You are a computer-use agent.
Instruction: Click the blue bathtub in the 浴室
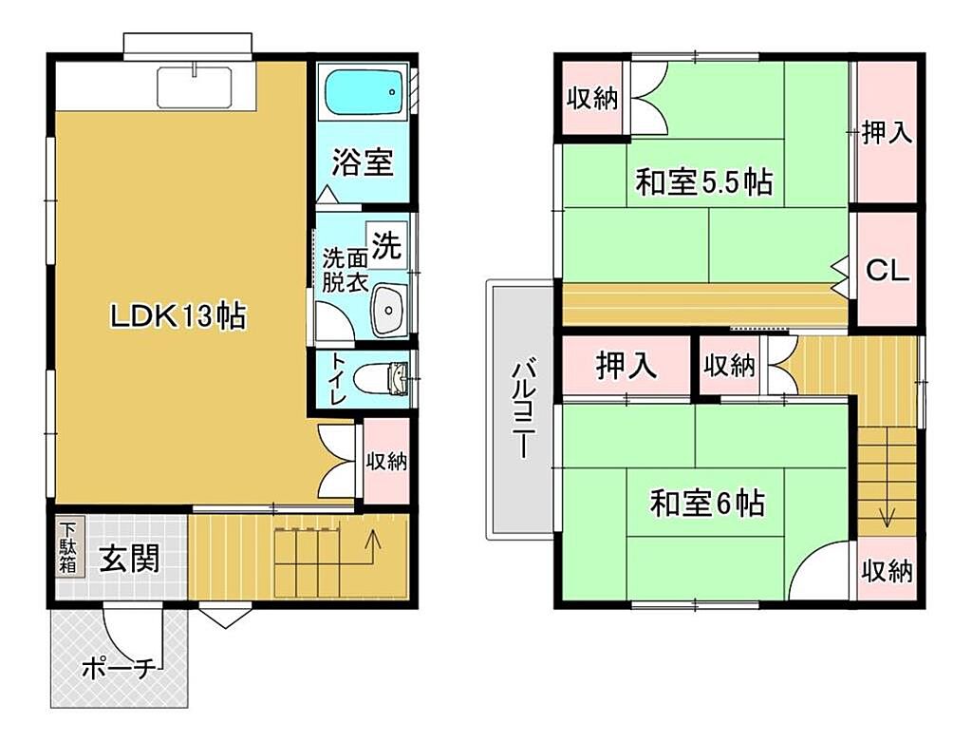pos(364,92)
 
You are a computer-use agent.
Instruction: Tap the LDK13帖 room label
pos(178,316)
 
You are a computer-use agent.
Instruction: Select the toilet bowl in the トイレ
pos(379,378)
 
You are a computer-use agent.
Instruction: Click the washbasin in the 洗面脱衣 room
pos(388,309)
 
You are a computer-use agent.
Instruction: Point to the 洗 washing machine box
pos(386,246)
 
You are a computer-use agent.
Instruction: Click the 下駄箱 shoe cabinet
pos(67,548)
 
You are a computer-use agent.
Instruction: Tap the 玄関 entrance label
pos(129,558)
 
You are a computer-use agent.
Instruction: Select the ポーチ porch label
pos(118,669)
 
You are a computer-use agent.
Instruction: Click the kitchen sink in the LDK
pos(194,87)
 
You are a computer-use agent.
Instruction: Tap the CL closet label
pos(887,270)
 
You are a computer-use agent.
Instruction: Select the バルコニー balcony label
pos(523,410)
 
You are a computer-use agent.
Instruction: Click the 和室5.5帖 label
pos(704,182)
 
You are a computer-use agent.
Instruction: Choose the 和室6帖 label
pos(706,504)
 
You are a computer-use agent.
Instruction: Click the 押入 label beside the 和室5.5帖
pos(888,133)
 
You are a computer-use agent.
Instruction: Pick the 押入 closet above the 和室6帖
pos(626,366)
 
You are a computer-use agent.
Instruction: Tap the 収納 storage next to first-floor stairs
pos(386,461)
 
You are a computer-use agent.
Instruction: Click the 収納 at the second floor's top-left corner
pos(592,98)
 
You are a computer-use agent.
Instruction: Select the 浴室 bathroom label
pos(362,162)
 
